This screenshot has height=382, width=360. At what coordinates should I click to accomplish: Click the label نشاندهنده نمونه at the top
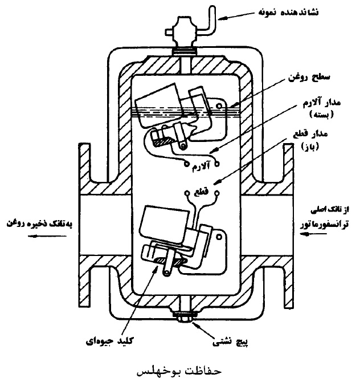tap(288, 12)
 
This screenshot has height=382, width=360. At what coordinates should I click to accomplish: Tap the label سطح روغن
tap(309, 78)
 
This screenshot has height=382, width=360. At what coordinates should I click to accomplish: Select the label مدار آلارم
tap(321, 103)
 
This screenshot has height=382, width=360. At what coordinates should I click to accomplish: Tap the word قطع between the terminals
tap(201, 192)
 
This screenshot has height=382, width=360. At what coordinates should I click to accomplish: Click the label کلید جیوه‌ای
tap(109, 340)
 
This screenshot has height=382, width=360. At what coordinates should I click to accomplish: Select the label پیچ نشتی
tap(230, 342)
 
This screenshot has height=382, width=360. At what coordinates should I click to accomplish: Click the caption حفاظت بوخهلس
tap(179, 371)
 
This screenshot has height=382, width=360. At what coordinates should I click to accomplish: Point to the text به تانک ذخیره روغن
tap(39, 223)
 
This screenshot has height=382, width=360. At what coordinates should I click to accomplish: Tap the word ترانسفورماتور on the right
tap(324, 224)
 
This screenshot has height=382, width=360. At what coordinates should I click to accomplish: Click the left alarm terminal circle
tap(186, 164)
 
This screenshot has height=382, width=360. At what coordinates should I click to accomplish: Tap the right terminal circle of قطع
tap(216, 193)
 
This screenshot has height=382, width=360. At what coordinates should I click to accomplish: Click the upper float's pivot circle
tap(219, 106)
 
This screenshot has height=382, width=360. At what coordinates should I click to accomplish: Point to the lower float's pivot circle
tap(219, 237)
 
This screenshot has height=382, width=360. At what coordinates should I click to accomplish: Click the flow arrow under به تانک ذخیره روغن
tap(47, 236)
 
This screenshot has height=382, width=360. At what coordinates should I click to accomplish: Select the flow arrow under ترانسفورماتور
tap(313, 234)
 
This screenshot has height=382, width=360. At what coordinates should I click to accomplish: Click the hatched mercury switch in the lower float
tap(171, 261)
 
